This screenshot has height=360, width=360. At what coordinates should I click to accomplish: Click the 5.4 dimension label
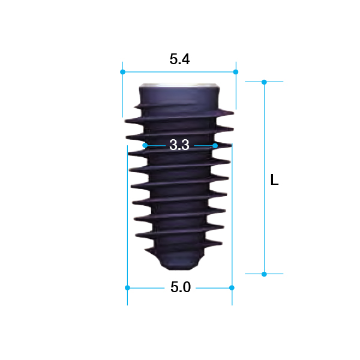[179, 59]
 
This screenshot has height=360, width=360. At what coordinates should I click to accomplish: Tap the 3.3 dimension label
[179, 145]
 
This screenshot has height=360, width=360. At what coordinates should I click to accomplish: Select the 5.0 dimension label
[181, 287]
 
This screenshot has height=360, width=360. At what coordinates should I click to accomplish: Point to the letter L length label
[274, 179]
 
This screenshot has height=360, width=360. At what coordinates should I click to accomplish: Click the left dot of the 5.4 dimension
[122, 72]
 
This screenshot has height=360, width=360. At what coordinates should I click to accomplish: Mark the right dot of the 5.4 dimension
[236, 72]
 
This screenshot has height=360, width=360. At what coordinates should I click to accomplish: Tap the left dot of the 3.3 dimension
[145, 145]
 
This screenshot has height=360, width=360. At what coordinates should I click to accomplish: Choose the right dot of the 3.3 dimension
[215, 146]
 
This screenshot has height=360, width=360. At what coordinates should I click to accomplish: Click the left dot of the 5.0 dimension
[127, 287]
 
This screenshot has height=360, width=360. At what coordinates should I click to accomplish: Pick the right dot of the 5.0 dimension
[232, 287]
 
